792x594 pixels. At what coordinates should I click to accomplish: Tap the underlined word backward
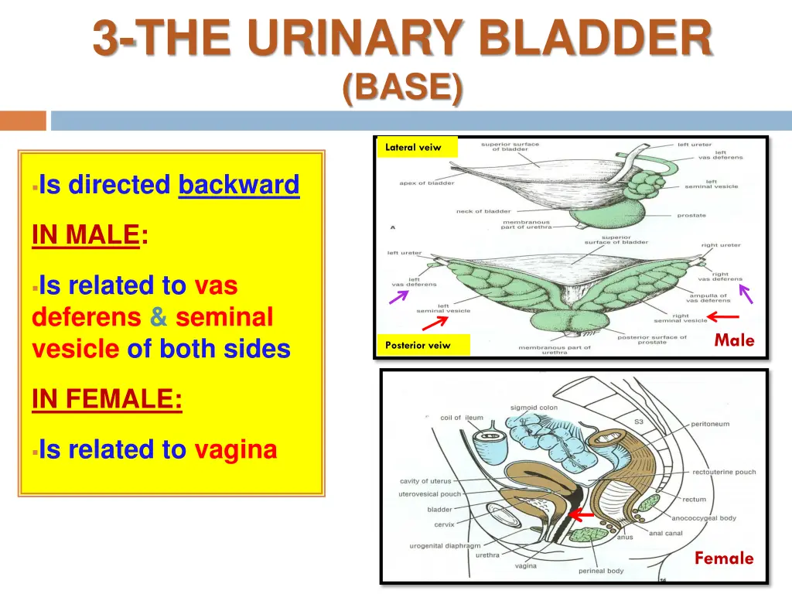238,186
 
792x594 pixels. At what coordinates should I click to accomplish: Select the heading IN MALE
86,235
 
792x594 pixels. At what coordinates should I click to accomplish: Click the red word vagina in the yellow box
235,449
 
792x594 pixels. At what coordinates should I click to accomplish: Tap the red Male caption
734,340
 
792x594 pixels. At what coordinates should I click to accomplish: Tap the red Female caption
723,558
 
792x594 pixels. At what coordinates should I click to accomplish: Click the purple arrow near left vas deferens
399,296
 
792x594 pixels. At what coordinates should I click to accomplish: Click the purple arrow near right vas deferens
746,293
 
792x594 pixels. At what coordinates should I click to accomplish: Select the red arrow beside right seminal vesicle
724,316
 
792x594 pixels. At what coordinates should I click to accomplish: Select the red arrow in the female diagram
581,514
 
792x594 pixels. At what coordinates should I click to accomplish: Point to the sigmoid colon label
534,408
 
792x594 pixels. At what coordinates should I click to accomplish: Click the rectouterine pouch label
724,472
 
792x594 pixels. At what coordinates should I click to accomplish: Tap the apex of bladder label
426,183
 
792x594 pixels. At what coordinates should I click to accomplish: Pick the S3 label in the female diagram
638,422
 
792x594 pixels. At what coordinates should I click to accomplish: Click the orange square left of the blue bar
23,121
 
